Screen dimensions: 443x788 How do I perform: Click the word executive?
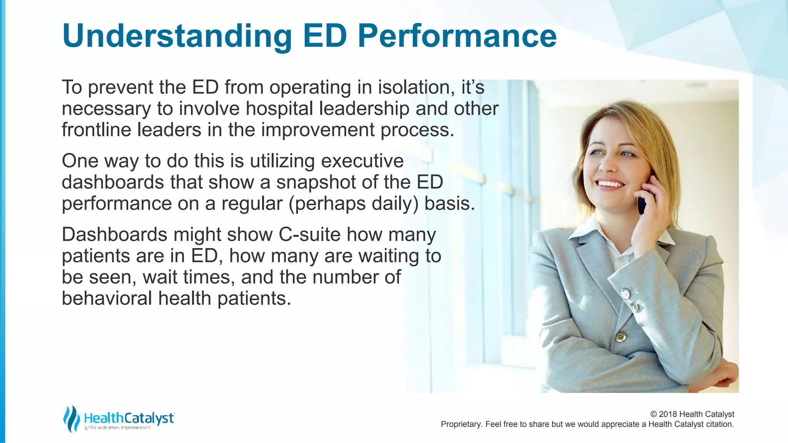pyautogui.click(x=362, y=161)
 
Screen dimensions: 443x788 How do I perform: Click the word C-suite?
pyautogui.click(x=309, y=235)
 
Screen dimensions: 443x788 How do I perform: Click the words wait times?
pyautogui.click(x=189, y=277)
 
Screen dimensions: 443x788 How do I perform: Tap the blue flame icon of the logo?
pyautogui.click(x=71, y=419)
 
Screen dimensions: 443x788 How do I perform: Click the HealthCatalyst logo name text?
pyautogui.click(x=129, y=418)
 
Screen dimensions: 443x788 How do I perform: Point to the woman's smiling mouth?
pyautogui.click(x=610, y=184)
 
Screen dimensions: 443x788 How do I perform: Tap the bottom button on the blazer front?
pyautogui.click(x=620, y=337)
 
